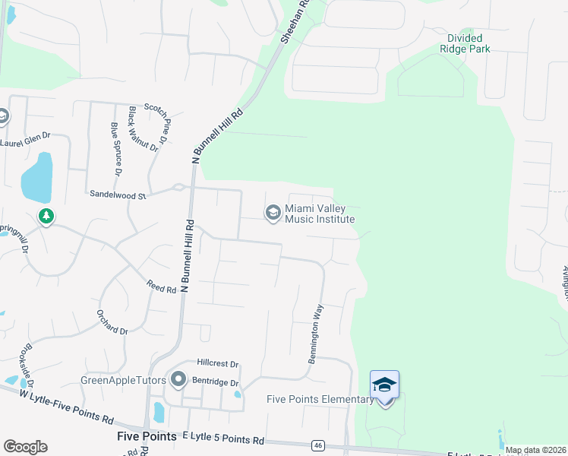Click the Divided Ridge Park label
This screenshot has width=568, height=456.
(x=465, y=43)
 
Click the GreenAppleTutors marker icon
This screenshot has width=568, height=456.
(x=179, y=378)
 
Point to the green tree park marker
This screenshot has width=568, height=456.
(x=46, y=217)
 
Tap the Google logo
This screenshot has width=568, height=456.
(x=25, y=447)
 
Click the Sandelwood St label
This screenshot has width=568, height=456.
(x=117, y=195)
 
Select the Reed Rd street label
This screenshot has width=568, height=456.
(x=161, y=286)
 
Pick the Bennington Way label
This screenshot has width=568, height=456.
(x=316, y=334)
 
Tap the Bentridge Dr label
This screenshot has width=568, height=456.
(x=215, y=383)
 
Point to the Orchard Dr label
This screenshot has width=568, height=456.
(x=112, y=322)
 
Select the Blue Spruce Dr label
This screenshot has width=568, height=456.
(x=116, y=149)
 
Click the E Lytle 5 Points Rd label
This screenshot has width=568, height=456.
(x=223, y=440)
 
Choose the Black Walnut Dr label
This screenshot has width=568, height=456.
(x=143, y=129)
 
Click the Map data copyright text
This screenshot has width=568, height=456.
(x=535, y=450)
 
